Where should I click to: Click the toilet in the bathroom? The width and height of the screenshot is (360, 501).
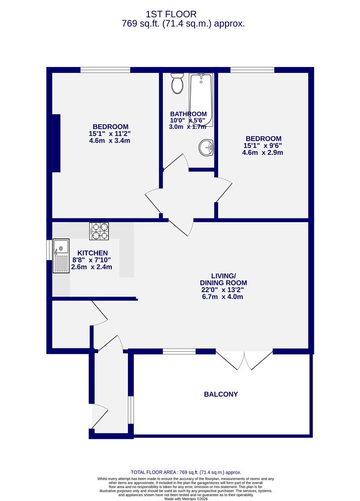[177, 83]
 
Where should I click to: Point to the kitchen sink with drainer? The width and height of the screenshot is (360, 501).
[61, 256]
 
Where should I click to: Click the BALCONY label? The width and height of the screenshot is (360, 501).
[221, 394]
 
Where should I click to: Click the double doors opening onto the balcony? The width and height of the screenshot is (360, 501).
[244, 360]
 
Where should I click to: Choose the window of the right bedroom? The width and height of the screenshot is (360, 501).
[252, 70]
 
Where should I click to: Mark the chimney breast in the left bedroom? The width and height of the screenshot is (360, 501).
[56, 143]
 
